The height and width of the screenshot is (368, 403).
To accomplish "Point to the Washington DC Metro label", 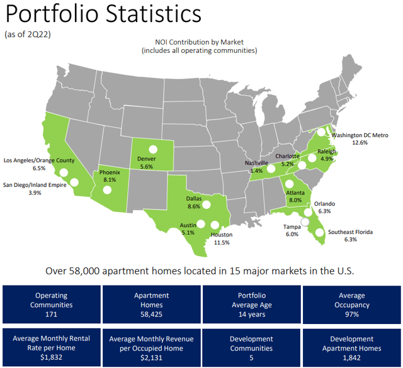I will point(360,138).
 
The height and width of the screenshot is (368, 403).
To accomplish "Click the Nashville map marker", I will point(271,169).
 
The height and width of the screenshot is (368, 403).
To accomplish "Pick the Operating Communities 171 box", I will point(50,304).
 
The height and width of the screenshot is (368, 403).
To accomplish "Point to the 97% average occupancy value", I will point(351,313).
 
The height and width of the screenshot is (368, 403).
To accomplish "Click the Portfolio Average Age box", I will point(251,304).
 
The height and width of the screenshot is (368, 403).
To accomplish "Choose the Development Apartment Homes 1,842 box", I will point(351,348).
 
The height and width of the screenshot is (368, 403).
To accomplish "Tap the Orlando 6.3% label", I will point(325,208).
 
